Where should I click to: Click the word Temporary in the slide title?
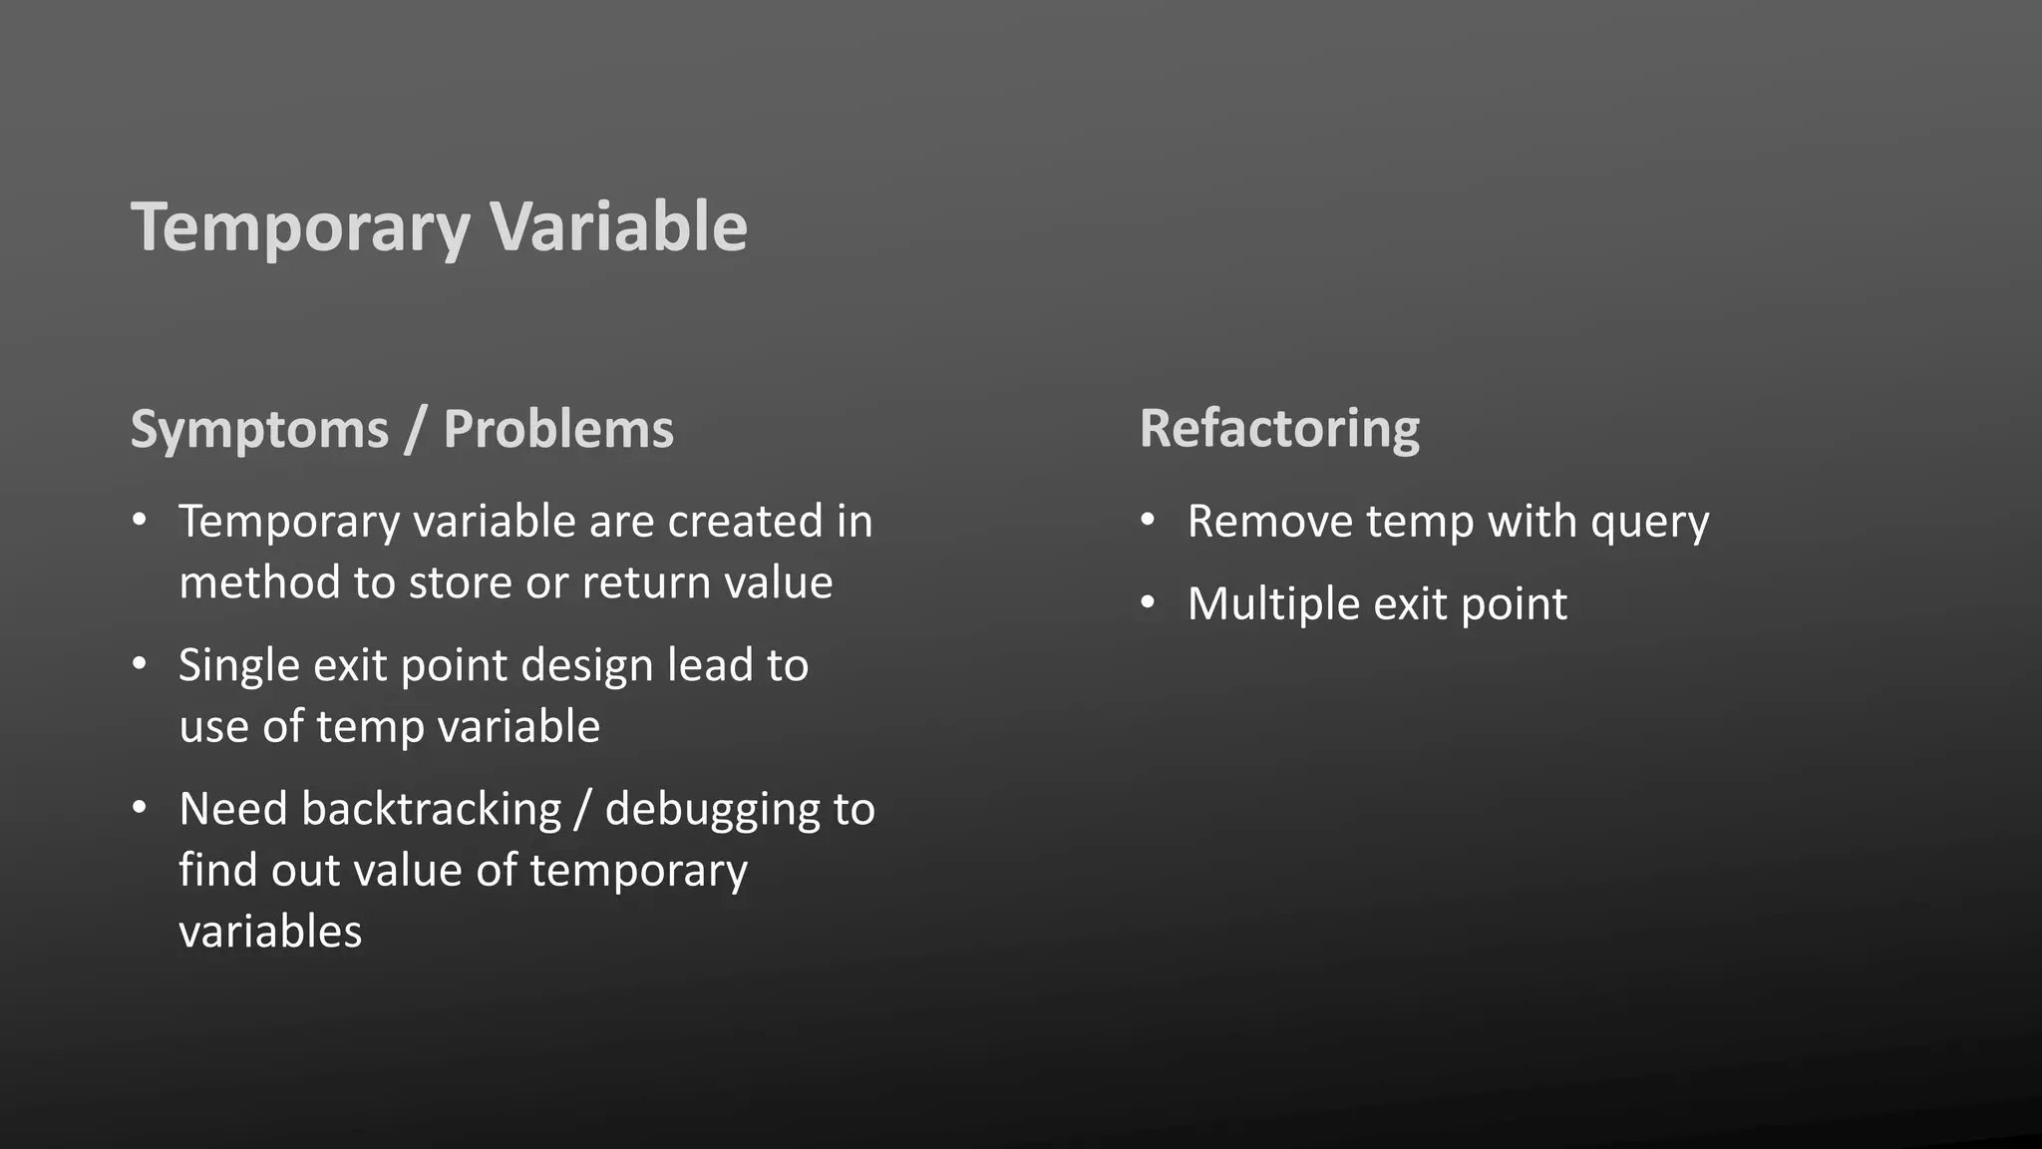click(x=300, y=228)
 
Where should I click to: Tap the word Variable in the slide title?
click(x=618, y=226)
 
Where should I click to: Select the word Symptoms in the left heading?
click(x=259, y=431)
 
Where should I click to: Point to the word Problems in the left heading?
click(x=558, y=429)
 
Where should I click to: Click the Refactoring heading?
click(x=1279, y=430)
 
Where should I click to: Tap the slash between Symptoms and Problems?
click(x=416, y=431)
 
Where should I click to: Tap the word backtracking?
click(x=431, y=809)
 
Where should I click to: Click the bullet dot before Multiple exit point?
click(x=1149, y=602)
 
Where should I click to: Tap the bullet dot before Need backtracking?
click(x=140, y=807)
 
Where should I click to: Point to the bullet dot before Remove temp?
click(x=1149, y=520)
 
